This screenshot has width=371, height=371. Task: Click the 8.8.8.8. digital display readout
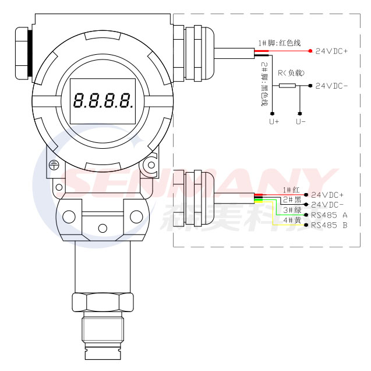(x=103, y=101)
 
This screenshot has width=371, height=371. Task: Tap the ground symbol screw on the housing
(x=54, y=165)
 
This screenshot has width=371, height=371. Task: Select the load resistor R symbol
(x=287, y=86)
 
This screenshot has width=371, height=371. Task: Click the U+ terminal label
(x=274, y=121)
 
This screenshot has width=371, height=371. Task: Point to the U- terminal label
(x=301, y=121)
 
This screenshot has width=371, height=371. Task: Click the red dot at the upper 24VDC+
(x=310, y=51)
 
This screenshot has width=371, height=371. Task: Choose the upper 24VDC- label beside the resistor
(x=331, y=86)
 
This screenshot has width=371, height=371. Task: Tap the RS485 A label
(x=329, y=215)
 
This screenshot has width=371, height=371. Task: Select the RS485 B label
(x=329, y=225)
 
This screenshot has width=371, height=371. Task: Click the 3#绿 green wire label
(x=292, y=210)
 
